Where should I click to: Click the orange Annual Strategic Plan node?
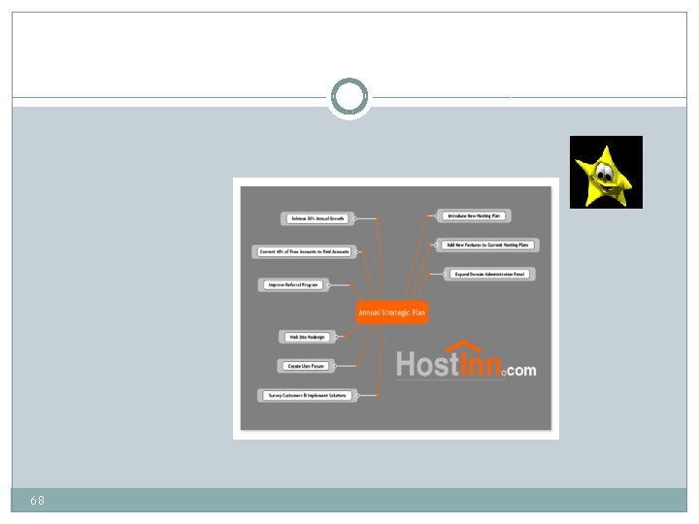(x=391, y=312)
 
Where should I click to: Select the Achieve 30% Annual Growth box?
(x=316, y=218)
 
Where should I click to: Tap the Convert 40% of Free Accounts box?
(x=304, y=251)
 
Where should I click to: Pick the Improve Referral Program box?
(x=293, y=285)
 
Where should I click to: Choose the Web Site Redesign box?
(x=306, y=337)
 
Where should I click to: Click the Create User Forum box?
(x=306, y=366)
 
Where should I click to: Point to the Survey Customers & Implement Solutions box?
(x=307, y=395)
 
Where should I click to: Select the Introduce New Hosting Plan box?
(x=474, y=214)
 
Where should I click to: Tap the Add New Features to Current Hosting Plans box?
(x=487, y=245)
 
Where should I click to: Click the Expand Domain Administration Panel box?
(x=490, y=275)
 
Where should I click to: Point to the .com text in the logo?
(x=520, y=370)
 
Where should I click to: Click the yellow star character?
(x=605, y=173)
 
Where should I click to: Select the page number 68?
(x=37, y=500)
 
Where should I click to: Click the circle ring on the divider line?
(x=349, y=97)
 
